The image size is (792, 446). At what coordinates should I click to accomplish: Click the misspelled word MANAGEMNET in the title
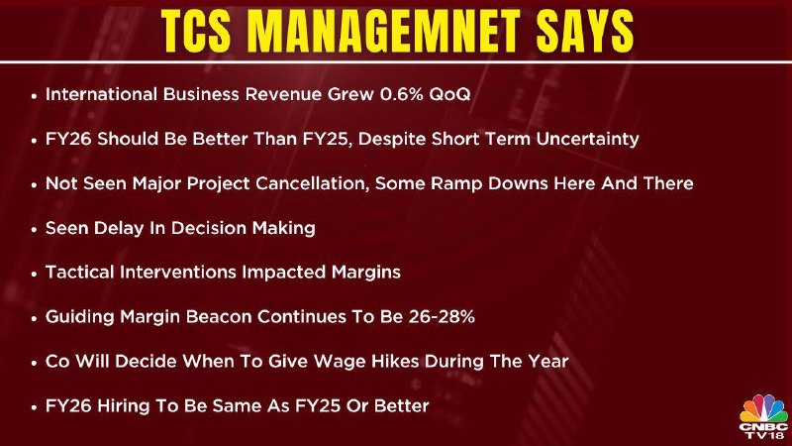pyautogui.click(x=385, y=32)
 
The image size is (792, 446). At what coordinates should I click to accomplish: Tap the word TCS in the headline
pyautogui.click(x=196, y=32)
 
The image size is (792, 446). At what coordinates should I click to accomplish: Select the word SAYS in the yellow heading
pyautogui.click(x=585, y=32)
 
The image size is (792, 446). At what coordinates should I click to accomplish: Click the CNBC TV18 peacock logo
pyautogui.click(x=763, y=416)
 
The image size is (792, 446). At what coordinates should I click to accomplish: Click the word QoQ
pyautogui.click(x=449, y=94)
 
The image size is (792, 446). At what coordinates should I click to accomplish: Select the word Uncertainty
pyautogui.click(x=587, y=139)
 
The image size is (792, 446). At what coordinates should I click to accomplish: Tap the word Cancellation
pyautogui.click(x=310, y=183)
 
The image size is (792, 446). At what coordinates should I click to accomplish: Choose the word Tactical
pyautogui.click(x=79, y=272)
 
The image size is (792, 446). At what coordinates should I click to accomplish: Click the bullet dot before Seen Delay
pyautogui.click(x=34, y=230)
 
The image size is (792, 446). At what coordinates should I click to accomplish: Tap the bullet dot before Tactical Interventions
pyautogui.click(x=34, y=275)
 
